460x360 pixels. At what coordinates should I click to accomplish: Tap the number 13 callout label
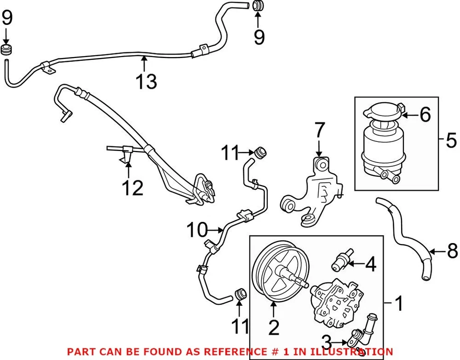[146, 81]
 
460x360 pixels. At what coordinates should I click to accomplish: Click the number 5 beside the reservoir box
[450, 140]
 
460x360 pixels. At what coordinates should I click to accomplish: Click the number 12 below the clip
[132, 188]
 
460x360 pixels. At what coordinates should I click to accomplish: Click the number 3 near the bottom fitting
[327, 342]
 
